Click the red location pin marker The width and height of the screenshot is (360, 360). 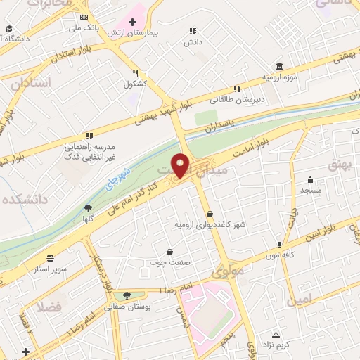click(x=181, y=165)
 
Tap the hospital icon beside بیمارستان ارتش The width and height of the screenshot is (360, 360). click(x=132, y=22)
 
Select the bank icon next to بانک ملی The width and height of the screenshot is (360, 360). click(x=84, y=17)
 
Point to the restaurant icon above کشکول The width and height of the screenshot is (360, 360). click(x=135, y=73)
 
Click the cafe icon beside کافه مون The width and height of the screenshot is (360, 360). click(x=281, y=245)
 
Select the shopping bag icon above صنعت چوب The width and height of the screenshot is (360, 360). click(x=169, y=252)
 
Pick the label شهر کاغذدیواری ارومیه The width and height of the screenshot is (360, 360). click(x=210, y=224)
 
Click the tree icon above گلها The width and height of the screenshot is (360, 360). click(x=88, y=208)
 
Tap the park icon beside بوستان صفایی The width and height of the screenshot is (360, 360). click(x=126, y=295)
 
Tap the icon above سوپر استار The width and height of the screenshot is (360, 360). click(x=50, y=257)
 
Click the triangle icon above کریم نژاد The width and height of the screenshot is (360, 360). click(x=276, y=335)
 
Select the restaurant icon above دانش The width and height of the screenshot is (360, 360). click(x=193, y=31)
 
